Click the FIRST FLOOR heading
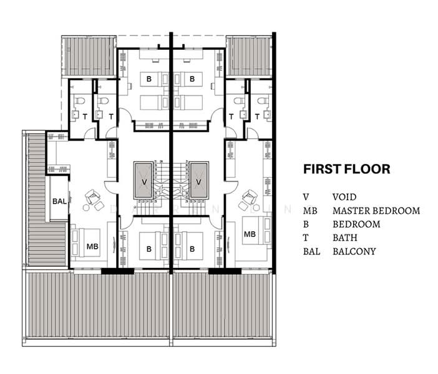(x=346, y=169)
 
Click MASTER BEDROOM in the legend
(x=376, y=211)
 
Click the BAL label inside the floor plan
(x=59, y=201)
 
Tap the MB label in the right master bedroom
(x=250, y=234)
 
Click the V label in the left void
(x=144, y=181)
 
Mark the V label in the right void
(x=199, y=181)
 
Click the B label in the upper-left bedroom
(x=148, y=79)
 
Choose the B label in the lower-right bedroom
(x=193, y=247)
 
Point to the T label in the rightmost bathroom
(x=257, y=117)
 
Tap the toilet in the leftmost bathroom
(x=79, y=100)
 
